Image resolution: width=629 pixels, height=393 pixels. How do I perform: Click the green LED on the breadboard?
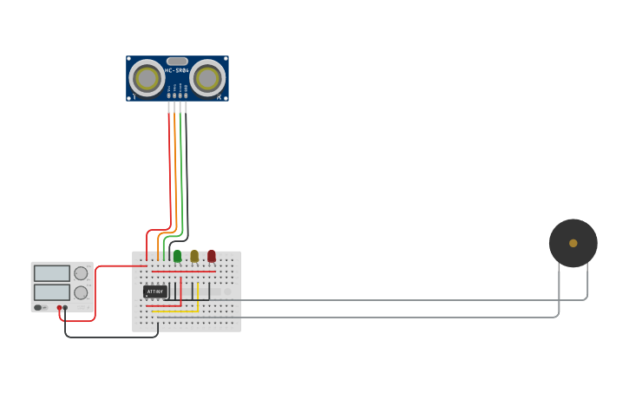(x=177, y=256)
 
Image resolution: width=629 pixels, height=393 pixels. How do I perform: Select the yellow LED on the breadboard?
(x=194, y=256)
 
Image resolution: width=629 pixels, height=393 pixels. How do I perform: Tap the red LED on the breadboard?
(x=212, y=256)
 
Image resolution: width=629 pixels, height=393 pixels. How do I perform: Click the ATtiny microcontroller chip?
(x=155, y=291)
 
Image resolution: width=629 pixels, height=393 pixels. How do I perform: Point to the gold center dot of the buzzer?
(x=573, y=243)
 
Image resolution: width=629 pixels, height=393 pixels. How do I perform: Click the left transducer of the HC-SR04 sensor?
(x=147, y=78)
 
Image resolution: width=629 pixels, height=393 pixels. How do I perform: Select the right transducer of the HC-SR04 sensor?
(x=207, y=78)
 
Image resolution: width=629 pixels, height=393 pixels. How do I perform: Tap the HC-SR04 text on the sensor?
(x=177, y=70)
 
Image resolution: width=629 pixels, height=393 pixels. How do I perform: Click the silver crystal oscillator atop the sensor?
(x=177, y=62)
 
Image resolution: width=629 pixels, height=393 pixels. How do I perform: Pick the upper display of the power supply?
(x=52, y=273)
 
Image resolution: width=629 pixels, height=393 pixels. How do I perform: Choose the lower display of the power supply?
(x=52, y=292)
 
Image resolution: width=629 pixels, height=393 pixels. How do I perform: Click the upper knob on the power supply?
(x=81, y=273)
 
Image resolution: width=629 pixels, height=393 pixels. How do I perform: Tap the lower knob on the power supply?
(x=81, y=292)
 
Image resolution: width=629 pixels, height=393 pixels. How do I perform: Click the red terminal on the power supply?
(x=60, y=308)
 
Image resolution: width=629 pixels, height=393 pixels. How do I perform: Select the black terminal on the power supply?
(x=65, y=308)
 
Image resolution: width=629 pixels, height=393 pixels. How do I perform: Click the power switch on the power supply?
(x=39, y=307)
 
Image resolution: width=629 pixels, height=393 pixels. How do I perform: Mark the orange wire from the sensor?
(x=175, y=174)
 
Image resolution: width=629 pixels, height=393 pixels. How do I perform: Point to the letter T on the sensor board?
(x=134, y=97)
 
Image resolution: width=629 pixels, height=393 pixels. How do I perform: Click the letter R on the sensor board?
(x=219, y=97)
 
